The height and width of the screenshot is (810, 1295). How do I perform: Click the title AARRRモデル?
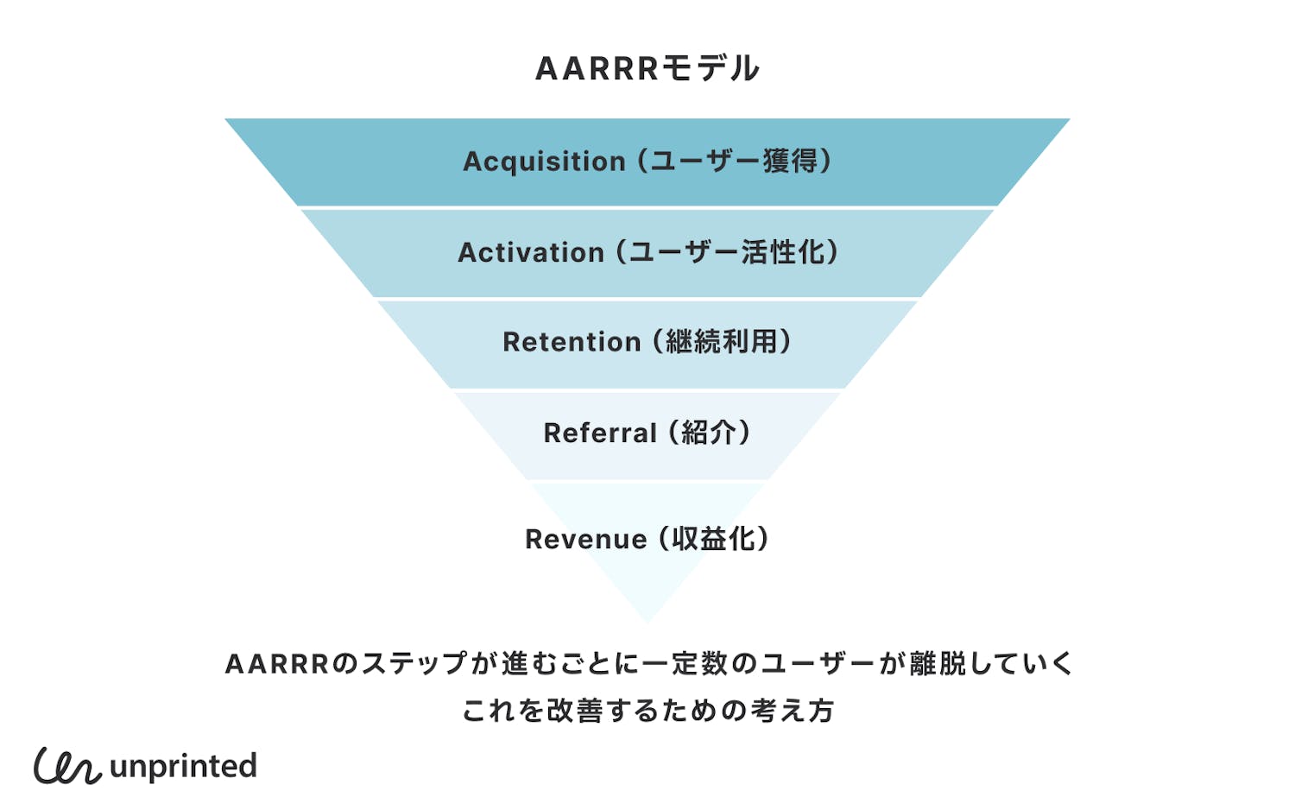[647, 68]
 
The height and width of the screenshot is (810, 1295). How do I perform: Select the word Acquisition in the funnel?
[544, 161]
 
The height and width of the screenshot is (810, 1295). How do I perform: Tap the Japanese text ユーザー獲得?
[734, 161]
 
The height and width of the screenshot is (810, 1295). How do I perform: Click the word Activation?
[530, 252]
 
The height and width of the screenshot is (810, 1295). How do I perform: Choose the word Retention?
[572, 342]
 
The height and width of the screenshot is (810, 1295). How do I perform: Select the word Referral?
[600, 433]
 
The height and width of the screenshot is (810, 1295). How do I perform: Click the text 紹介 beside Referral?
[709, 433]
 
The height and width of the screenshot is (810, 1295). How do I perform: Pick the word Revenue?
[585, 540]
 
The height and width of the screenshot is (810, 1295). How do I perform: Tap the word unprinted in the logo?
[184, 767]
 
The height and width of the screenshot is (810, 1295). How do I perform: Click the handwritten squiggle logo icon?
[66, 766]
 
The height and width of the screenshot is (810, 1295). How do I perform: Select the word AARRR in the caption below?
[277, 664]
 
